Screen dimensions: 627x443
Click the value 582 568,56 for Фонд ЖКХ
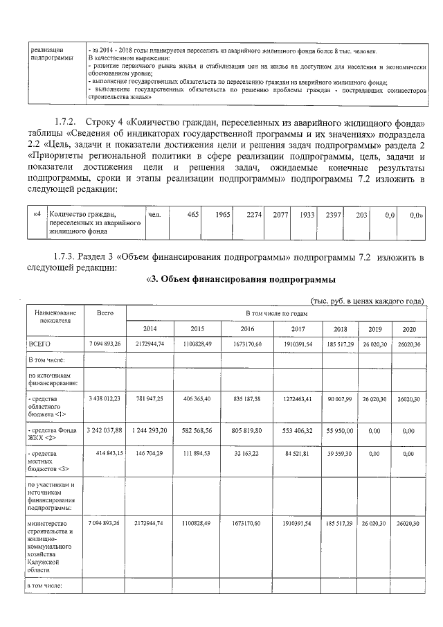(x=197, y=430)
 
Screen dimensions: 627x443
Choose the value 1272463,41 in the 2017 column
(x=298, y=398)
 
